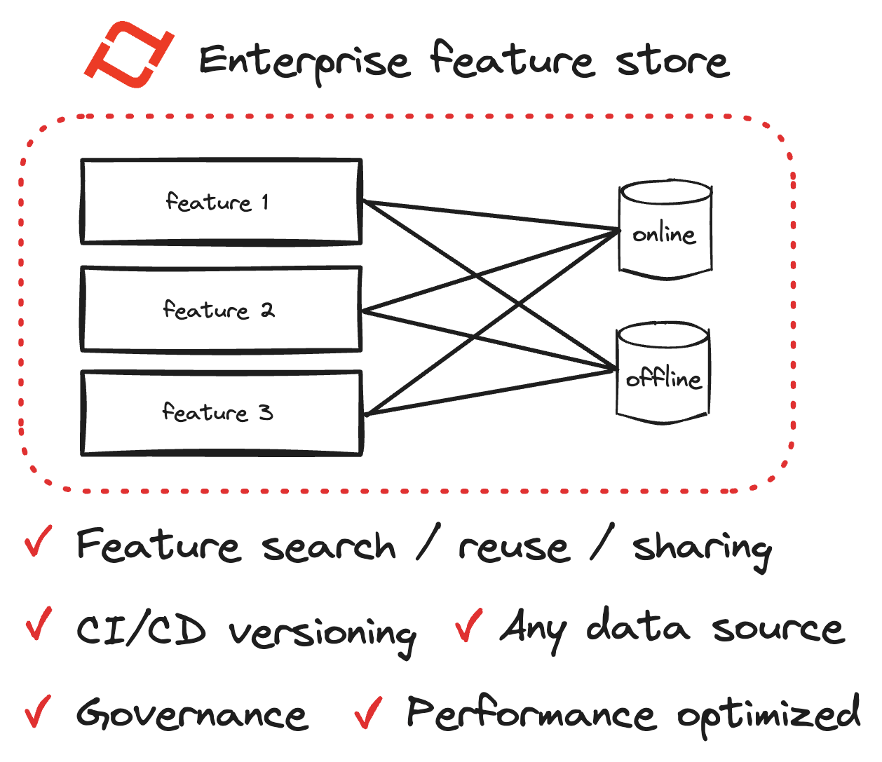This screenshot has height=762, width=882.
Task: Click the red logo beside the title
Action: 129,54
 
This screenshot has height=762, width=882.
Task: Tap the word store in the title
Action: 672,62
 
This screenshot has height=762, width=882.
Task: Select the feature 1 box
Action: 222,201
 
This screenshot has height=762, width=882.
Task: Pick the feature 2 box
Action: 222,309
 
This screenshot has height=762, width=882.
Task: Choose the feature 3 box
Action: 222,413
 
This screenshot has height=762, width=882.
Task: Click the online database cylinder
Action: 665,230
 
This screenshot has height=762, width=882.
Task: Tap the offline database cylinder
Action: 663,374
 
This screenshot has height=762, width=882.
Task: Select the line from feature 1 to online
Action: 491,215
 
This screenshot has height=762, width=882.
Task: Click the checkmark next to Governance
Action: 38,712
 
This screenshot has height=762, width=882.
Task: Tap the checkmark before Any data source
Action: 468,625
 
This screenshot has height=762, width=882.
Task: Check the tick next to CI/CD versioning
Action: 39,623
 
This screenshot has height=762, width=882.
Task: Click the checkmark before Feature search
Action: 39,541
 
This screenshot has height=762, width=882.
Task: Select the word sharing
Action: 703,549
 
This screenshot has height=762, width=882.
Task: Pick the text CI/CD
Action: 141,630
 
